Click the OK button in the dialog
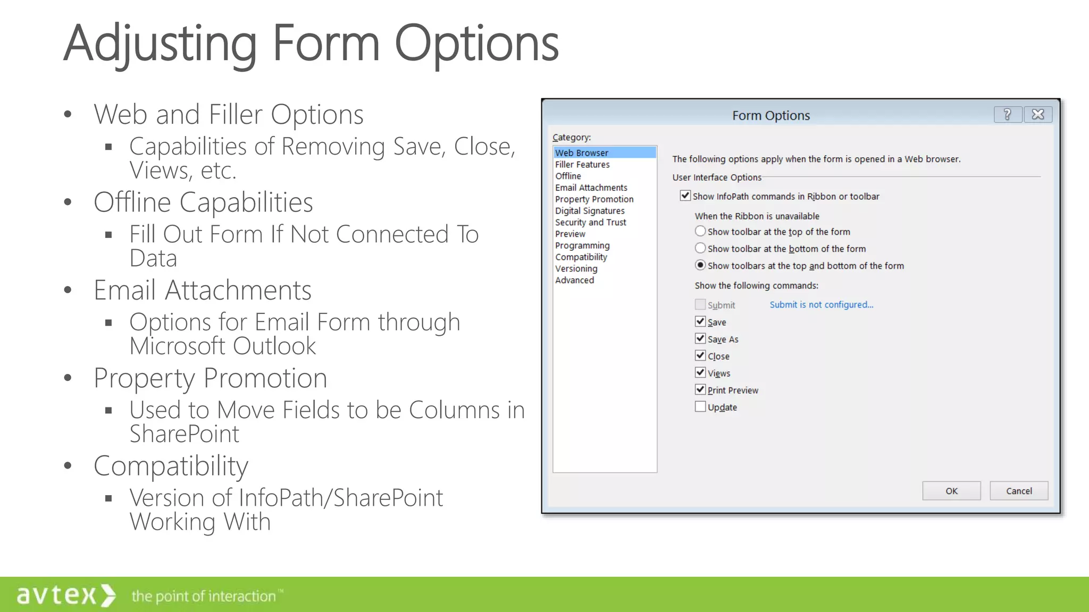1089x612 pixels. pos(951,491)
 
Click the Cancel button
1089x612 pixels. pos(1018,491)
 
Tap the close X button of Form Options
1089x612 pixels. pos(1037,115)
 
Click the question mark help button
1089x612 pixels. pos(1007,115)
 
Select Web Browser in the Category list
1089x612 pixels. pos(582,153)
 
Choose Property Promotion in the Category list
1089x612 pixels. pos(594,199)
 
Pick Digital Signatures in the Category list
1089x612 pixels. pos(590,211)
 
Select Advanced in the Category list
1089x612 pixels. pos(574,280)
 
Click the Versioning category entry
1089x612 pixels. pos(576,269)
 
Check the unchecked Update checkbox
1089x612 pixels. pos(700,407)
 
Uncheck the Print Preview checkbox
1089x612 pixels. pos(700,390)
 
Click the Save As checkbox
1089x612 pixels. pos(700,339)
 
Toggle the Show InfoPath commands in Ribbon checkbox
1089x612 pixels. pos(685,196)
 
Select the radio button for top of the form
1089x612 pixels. pos(700,232)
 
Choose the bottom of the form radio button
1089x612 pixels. pos(700,249)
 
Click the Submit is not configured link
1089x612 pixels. pos(821,304)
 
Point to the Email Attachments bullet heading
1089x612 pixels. pos(202,290)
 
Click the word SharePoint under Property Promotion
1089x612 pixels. pos(185,434)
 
